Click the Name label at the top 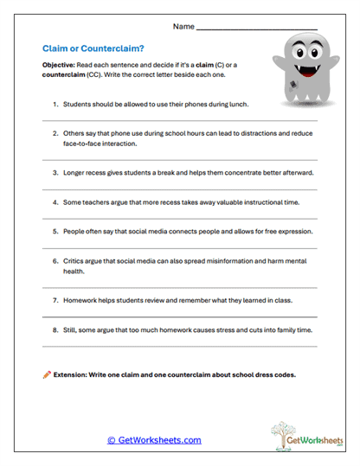(183, 27)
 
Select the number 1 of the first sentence (55, 104)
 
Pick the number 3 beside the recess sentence (55, 172)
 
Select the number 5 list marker (55, 232)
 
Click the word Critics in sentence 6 (75, 261)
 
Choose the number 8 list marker (55, 330)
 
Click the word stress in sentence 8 (224, 330)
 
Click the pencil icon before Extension (47, 374)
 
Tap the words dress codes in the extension (273, 375)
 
